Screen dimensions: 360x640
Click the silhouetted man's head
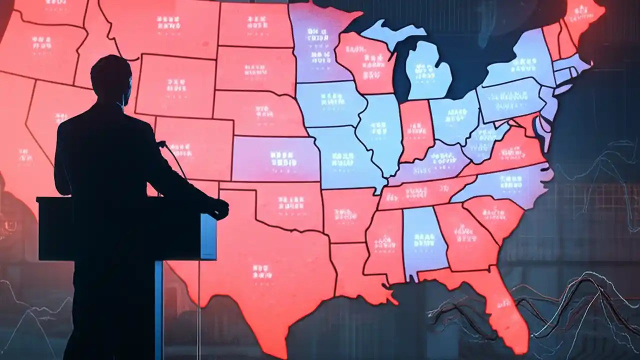coord(110,77)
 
